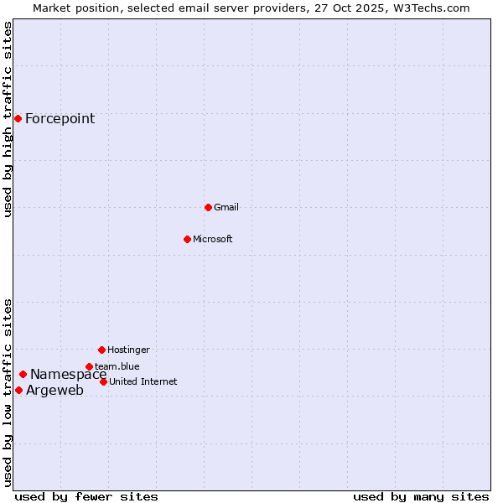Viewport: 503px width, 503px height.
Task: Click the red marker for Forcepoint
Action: click(18, 118)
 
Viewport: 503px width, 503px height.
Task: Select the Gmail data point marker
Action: click(208, 207)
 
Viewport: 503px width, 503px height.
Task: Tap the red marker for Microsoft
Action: click(187, 239)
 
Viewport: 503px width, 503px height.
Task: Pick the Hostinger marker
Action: click(101, 350)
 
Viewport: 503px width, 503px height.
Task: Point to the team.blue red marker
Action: click(89, 366)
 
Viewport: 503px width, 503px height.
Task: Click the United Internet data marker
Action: click(103, 381)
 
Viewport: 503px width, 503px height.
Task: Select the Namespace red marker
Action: click(23, 374)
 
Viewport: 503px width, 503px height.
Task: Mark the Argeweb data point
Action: click(18, 390)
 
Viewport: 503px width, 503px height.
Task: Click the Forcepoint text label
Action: click(60, 119)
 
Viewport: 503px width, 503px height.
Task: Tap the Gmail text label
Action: click(226, 208)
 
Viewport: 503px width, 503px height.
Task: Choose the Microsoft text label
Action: click(213, 240)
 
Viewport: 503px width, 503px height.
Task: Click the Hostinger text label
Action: click(128, 350)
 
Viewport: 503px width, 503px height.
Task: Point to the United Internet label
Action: click(143, 382)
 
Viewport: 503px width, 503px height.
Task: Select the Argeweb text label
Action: click(54, 391)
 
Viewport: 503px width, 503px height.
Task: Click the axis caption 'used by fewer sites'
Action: click(86, 496)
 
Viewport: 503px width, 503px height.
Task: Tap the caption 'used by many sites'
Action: click(421, 496)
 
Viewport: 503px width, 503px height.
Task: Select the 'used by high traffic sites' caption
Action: click(8, 119)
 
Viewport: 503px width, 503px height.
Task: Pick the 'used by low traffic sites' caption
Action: click(8, 392)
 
